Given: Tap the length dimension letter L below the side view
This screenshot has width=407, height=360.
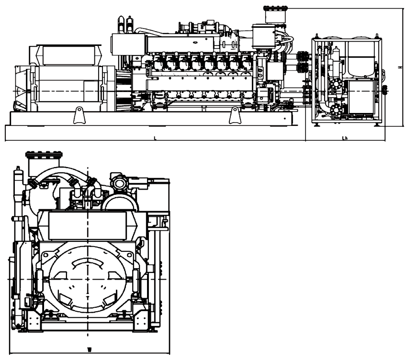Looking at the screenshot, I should pyautogui.click(x=155, y=137).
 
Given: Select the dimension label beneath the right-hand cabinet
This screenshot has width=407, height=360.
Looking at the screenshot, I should pyautogui.click(x=345, y=137).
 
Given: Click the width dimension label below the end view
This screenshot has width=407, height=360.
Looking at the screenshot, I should pyautogui.click(x=90, y=346).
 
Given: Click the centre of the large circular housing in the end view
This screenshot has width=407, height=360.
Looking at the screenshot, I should pyautogui.click(x=89, y=279).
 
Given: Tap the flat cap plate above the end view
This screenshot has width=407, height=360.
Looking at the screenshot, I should pyautogui.click(x=45, y=154).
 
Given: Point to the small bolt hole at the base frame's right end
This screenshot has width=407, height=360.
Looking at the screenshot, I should pyautogui.click(x=286, y=119).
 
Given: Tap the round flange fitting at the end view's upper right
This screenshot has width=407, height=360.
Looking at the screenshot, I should pyautogui.click(x=119, y=182).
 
